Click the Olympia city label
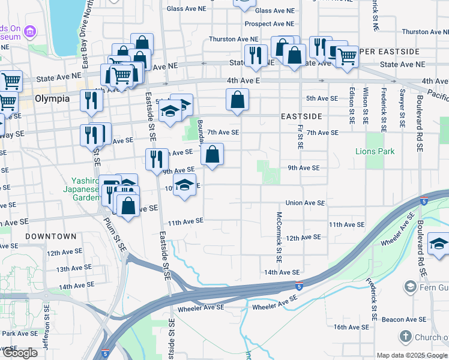(52, 98)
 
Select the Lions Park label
(375, 151)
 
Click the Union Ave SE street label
(305, 203)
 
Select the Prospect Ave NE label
(270, 24)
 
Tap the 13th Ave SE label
(74, 268)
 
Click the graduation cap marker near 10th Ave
(185, 184)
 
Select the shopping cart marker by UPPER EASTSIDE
(347, 56)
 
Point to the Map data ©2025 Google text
(412, 355)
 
